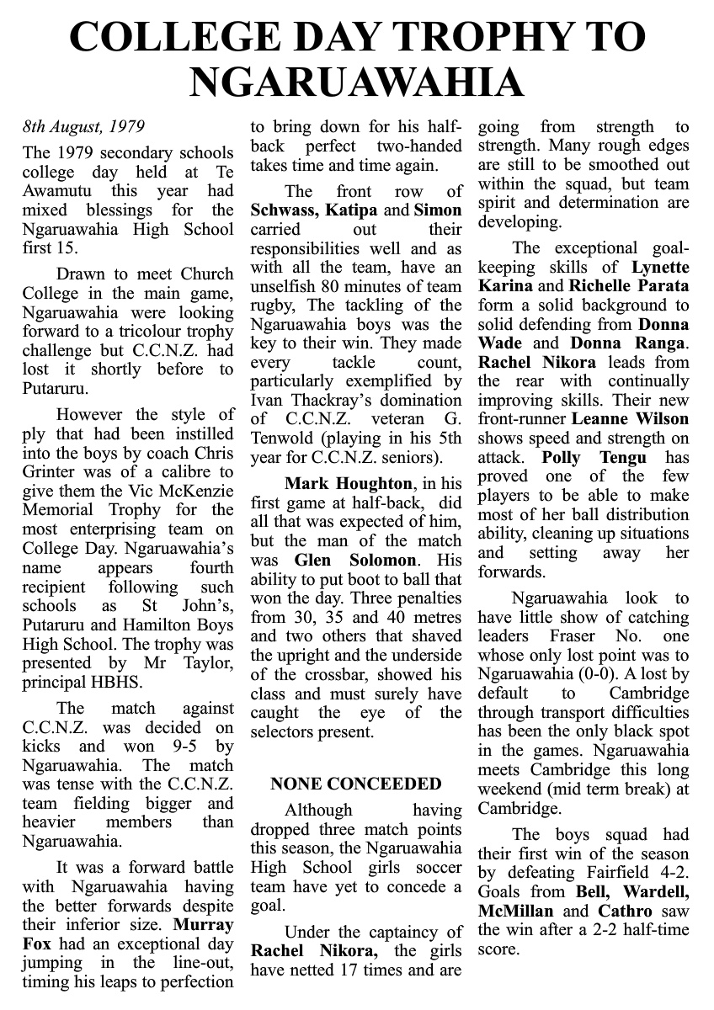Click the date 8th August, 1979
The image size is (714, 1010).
point(83,128)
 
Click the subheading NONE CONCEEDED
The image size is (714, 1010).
point(355,784)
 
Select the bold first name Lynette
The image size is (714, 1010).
point(654,267)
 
